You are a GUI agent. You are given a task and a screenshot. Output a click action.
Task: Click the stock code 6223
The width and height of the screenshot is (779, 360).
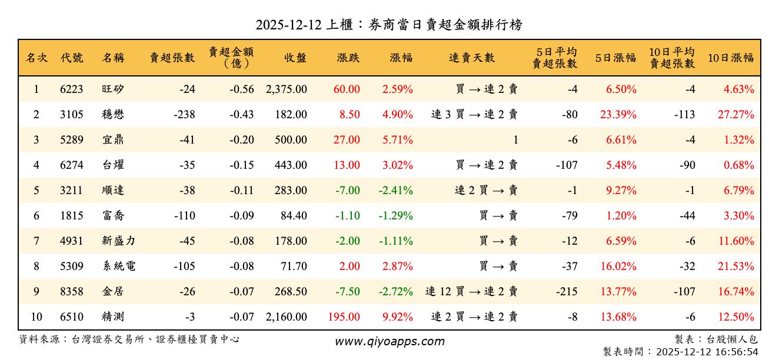click(x=72, y=89)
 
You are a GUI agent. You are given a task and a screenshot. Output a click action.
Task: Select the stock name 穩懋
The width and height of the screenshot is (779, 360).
click(x=112, y=115)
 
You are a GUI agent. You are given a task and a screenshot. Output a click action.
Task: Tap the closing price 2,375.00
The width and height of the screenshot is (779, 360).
click(x=286, y=89)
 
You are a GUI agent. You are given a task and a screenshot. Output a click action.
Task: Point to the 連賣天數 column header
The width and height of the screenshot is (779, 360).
click(x=472, y=58)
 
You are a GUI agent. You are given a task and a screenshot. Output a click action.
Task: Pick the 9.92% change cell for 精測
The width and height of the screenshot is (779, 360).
click(x=397, y=317)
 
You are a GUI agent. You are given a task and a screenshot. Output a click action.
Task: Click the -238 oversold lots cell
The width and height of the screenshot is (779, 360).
click(x=184, y=115)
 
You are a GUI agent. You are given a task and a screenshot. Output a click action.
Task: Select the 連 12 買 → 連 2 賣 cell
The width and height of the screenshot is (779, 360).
click(x=471, y=292)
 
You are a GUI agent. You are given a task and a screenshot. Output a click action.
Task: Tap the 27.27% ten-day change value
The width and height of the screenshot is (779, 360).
click(x=735, y=115)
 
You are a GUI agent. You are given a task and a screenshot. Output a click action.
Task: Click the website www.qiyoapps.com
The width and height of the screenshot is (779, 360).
click(x=389, y=342)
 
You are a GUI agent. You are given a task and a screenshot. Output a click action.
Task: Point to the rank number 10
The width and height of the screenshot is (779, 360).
click(x=36, y=317)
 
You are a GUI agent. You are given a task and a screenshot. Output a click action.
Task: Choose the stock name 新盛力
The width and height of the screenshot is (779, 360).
click(x=118, y=241)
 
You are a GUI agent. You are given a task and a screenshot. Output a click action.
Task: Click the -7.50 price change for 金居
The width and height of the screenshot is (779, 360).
click(x=348, y=292)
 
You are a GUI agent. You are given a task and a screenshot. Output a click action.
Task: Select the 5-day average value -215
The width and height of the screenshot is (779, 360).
click(x=567, y=292)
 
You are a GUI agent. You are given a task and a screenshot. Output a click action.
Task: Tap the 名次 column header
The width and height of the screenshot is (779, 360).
click(x=36, y=58)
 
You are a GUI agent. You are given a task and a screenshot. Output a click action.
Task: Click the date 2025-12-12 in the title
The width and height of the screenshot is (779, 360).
click(x=289, y=25)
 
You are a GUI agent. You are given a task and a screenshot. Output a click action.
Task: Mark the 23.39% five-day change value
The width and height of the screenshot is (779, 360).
click(x=618, y=115)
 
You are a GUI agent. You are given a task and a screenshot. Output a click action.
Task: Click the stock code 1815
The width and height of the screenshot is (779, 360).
click(x=72, y=216)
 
